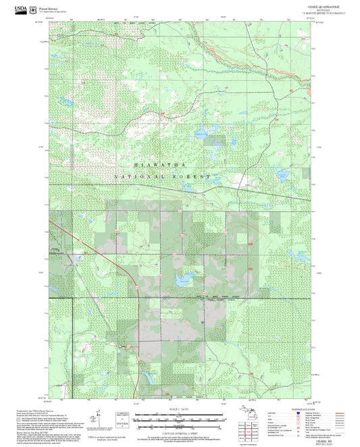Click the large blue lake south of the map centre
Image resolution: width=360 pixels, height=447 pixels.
pyautogui.click(x=181, y=278)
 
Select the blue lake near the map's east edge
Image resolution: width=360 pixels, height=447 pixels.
pyautogui.click(x=297, y=255)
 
